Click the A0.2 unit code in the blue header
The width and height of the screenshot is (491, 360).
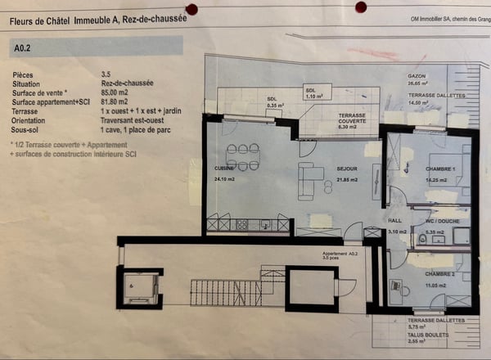[x=22, y=48]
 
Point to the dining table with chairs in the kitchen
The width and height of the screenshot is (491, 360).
[x=242, y=156]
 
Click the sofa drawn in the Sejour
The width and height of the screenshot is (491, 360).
[x=309, y=181]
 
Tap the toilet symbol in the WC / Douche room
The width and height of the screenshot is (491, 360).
[x=423, y=239]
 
